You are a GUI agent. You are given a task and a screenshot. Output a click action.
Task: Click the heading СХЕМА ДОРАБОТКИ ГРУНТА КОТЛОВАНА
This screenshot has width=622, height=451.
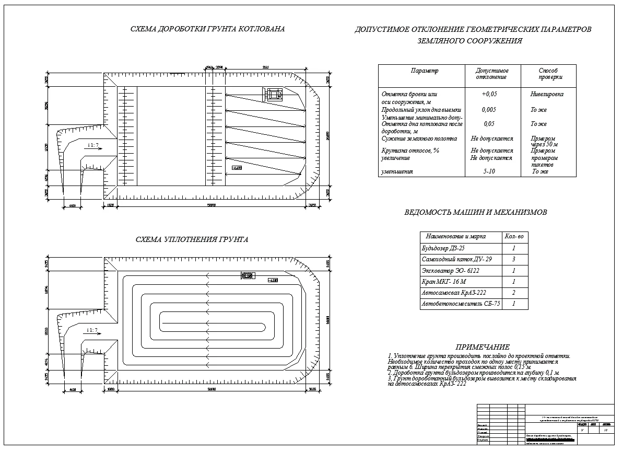tap(207, 29)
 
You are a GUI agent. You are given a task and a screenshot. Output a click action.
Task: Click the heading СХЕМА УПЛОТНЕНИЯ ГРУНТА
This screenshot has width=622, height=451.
tap(192, 240)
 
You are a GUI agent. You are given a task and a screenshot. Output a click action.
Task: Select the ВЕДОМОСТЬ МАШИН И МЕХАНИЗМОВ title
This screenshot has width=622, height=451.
tap(476, 213)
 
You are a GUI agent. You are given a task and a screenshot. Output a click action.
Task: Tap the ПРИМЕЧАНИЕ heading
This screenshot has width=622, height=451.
tap(482, 347)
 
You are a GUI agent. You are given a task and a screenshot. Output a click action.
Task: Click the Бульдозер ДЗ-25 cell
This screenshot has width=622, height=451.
tap(443, 249)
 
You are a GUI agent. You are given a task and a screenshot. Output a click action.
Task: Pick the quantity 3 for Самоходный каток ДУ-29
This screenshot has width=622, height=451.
tap(514, 259)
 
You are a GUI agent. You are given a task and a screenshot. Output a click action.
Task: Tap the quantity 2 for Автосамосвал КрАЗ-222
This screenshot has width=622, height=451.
tap(514, 293)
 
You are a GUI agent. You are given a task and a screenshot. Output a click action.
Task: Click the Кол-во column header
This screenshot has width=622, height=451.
tap(514, 237)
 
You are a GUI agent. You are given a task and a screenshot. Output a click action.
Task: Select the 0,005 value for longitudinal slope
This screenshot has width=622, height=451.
tap(489, 110)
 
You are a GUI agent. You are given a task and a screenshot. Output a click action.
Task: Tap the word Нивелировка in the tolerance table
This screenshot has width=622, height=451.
tap(547, 95)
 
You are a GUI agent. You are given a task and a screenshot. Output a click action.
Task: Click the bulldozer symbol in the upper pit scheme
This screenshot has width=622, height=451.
tap(273, 94)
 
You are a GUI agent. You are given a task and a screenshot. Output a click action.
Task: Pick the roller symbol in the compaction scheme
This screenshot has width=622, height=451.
tap(247, 276)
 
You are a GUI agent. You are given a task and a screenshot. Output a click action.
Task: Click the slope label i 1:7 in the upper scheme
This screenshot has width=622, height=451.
tap(93, 145)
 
